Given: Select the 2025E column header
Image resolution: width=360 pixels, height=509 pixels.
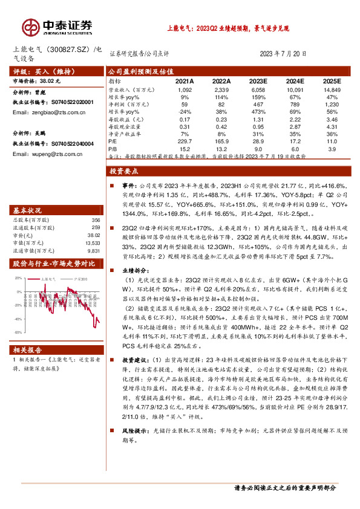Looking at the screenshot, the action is click(331, 80).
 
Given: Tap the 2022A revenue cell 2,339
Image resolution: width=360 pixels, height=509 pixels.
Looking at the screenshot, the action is click(222, 89).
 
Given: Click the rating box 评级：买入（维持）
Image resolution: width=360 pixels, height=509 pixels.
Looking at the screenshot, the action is click(36, 70).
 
